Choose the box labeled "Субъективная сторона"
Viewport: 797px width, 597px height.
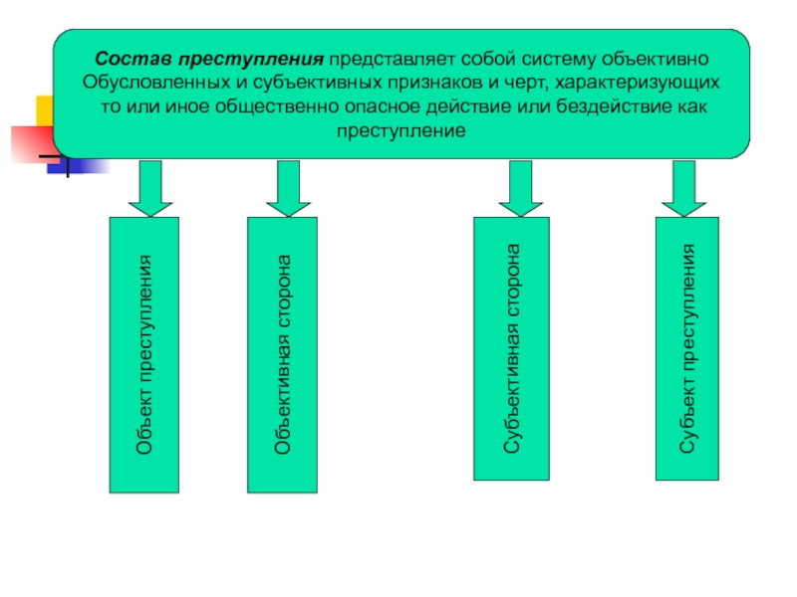point(511,348)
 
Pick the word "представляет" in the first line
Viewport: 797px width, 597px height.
point(386,58)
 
